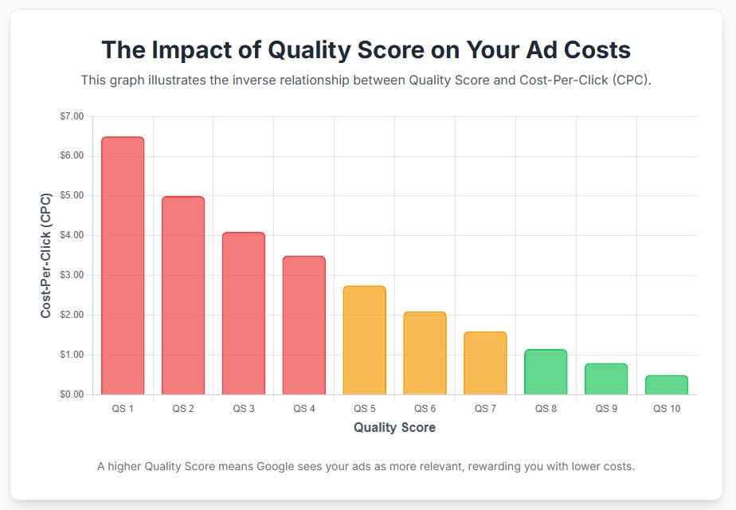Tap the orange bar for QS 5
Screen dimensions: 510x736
point(364,340)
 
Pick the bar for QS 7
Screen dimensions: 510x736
point(485,363)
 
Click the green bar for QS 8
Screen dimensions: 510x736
point(546,372)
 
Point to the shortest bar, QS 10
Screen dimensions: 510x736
point(666,385)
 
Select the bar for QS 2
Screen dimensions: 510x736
point(183,296)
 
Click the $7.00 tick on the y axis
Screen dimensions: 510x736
point(71,116)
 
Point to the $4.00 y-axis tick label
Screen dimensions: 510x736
point(71,236)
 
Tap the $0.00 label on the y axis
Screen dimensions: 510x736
point(71,395)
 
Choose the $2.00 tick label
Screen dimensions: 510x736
point(71,316)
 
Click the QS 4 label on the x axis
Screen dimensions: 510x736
point(303,409)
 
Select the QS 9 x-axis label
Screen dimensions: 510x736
point(606,409)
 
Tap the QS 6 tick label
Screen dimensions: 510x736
point(425,409)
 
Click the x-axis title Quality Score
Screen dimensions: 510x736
point(394,428)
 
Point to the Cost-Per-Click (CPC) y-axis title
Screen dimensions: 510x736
point(46,255)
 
